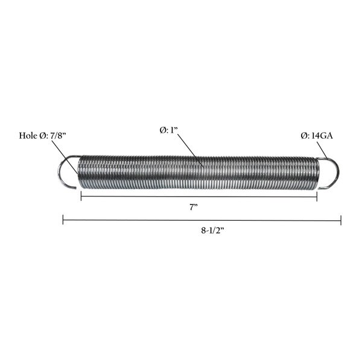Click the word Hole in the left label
click(28, 136)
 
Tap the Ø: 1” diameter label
click(168, 130)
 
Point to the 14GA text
click(322, 136)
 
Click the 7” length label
click(194, 208)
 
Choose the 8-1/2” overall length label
click(212, 230)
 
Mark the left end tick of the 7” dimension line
click(81, 196)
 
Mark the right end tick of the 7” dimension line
click(317, 197)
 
